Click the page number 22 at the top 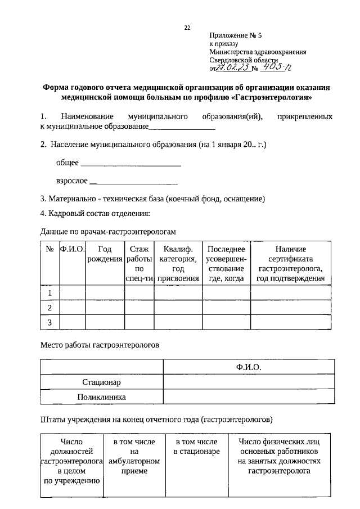[x=187, y=28]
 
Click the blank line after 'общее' [x=131, y=165]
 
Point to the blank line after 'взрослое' [x=134, y=183]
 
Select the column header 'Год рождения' [x=104, y=254]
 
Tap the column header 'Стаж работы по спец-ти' [x=139, y=263]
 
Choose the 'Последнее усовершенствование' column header [x=226, y=263]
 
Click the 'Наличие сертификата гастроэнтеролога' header [x=290, y=263]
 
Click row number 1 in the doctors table [x=49, y=293]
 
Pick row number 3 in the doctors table [x=49, y=322]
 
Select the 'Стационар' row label [x=102, y=382]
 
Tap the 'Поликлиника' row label [x=102, y=398]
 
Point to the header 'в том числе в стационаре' [x=197, y=447]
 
